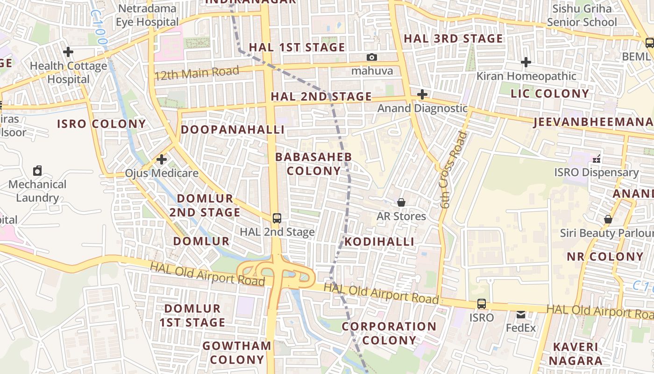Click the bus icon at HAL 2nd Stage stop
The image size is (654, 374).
click(277, 218)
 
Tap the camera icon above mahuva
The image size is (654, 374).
click(372, 57)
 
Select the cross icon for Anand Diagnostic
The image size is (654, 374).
click(422, 94)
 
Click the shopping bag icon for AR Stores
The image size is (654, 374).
click(401, 202)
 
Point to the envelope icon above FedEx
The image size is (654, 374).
click(521, 315)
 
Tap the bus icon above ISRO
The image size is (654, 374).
click(482, 303)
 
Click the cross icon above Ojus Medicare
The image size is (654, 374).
click(162, 159)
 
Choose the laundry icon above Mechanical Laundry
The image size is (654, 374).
click(37, 171)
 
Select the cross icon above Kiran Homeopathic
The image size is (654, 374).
click(526, 62)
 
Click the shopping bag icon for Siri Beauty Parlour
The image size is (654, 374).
click(608, 219)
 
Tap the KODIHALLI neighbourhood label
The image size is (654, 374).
click(379, 241)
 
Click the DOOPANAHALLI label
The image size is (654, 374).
click(233, 129)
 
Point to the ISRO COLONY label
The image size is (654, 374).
click(101, 124)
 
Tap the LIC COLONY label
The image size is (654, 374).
click(550, 93)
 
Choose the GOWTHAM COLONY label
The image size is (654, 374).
click(237, 352)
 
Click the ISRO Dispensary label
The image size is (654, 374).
click(597, 173)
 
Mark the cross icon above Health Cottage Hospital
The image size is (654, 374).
click(68, 51)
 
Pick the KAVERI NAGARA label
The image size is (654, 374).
click(576, 354)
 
